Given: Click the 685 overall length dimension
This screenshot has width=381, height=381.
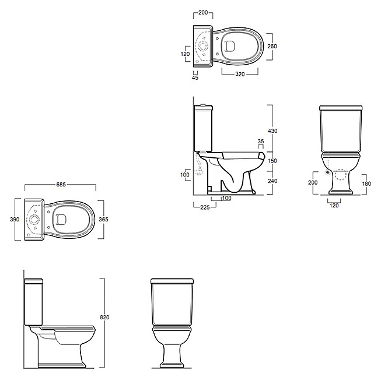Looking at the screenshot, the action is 61,185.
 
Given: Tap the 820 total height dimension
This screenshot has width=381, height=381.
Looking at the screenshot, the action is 104,317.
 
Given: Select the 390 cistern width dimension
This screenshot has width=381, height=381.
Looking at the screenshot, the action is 15,219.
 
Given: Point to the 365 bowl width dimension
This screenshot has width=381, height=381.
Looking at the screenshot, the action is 103,219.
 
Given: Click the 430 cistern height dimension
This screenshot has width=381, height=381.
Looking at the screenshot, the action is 272,130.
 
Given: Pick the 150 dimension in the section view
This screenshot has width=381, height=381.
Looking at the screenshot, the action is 272,161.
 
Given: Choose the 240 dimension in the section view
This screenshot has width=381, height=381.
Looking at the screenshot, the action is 272,181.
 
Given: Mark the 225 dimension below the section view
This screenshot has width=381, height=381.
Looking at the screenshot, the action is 205,207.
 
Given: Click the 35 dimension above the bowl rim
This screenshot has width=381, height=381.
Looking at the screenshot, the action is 261,141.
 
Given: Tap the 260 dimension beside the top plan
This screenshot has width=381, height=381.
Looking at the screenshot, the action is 272,46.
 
